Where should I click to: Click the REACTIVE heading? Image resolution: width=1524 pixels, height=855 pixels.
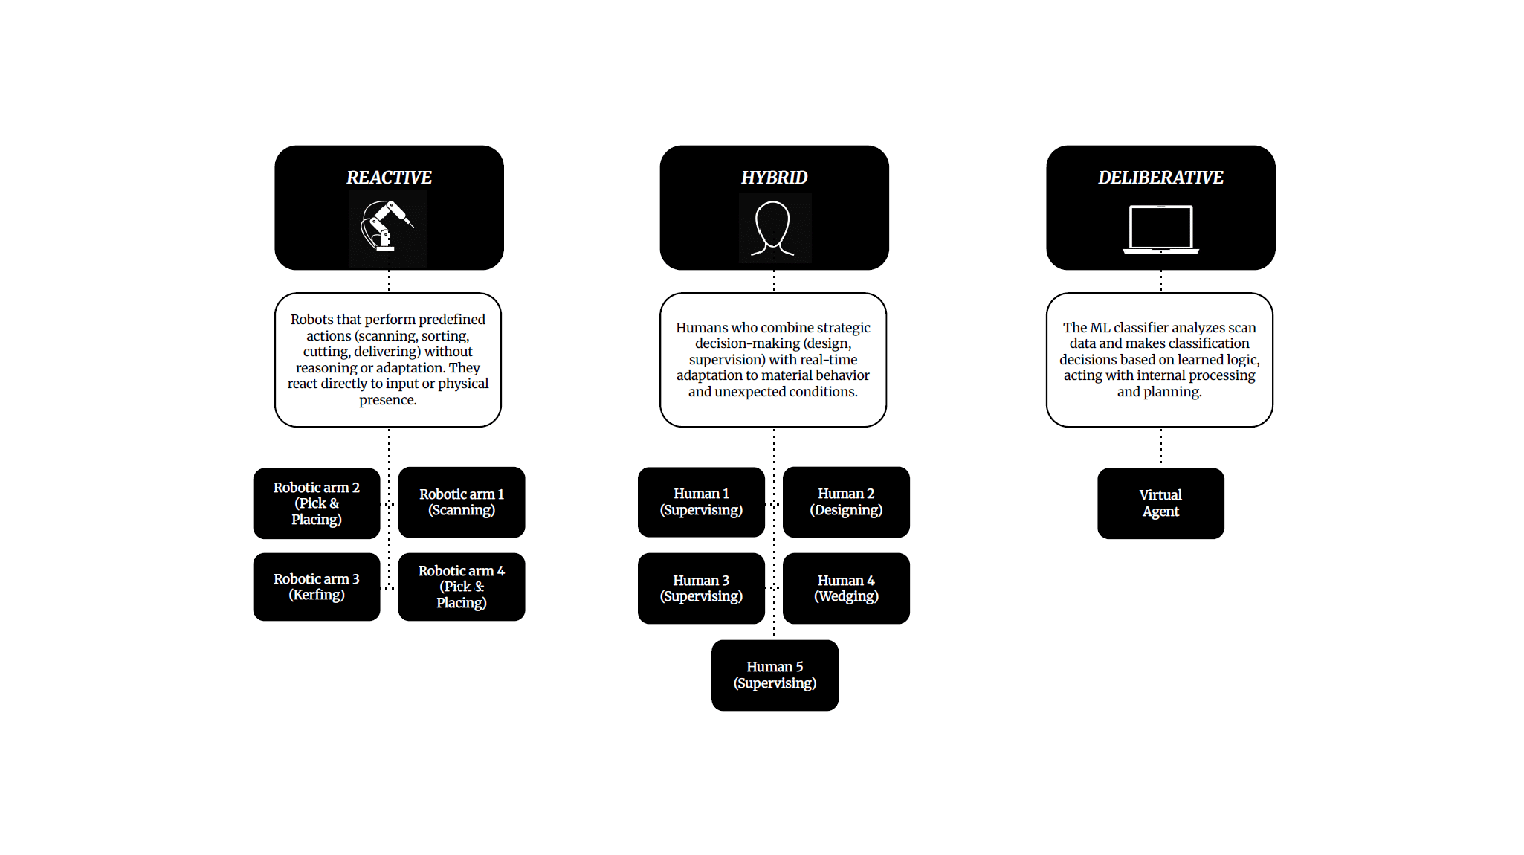[389, 178]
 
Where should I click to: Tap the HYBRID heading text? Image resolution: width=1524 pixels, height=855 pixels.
[774, 178]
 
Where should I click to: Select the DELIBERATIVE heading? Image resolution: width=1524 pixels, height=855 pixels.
[1160, 178]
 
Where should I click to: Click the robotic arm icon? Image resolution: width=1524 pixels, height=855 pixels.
[386, 226]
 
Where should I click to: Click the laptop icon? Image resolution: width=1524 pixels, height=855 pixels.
[1160, 230]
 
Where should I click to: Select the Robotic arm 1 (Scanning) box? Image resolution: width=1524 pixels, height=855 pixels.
[462, 502]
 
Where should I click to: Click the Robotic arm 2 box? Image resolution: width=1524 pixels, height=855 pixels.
[317, 503]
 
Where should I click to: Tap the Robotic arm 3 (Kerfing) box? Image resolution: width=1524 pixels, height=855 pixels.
[317, 587]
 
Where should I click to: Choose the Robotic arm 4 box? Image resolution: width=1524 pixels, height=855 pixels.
[462, 587]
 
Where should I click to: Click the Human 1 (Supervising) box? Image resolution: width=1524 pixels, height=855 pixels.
[701, 502]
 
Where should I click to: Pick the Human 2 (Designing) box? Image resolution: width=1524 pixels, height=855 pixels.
[846, 502]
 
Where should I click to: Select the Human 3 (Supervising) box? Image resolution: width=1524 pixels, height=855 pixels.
[701, 588]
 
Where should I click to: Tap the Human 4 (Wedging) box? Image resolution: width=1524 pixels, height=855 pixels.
[846, 588]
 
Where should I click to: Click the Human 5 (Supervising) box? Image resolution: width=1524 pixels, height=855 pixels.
[775, 675]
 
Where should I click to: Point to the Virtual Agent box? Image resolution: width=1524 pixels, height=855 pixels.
[1160, 503]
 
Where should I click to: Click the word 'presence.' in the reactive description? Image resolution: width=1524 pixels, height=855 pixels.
[388, 400]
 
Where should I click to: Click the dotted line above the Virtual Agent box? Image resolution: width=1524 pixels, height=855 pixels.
[1160, 447]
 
